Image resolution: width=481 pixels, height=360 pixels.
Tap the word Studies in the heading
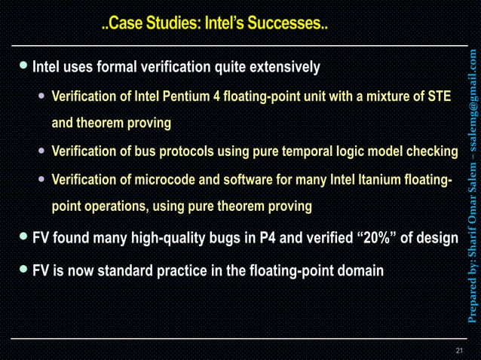[165, 24]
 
